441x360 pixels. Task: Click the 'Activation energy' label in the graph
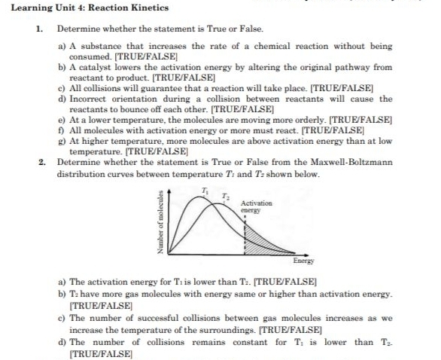[x=257, y=208]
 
